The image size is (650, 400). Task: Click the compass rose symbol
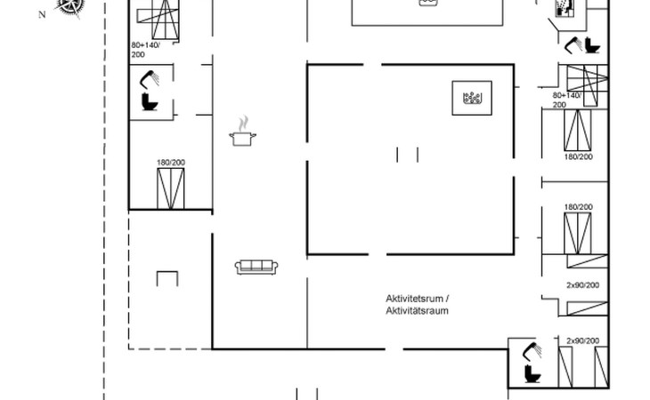(x=70, y=7)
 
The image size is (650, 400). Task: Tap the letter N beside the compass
(x=42, y=15)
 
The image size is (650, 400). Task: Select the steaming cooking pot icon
(x=242, y=131)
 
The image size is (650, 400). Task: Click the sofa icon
(x=256, y=267)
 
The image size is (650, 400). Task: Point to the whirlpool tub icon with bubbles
(x=472, y=98)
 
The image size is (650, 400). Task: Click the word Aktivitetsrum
(x=415, y=299)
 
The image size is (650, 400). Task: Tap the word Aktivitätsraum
(x=417, y=310)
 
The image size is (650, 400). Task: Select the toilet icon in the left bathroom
(x=150, y=101)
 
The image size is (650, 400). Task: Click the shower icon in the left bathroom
(x=150, y=79)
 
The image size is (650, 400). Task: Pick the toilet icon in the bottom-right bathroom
(x=532, y=373)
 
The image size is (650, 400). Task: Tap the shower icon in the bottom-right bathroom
(x=532, y=351)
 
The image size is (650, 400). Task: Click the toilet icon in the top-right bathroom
(x=592, y=45)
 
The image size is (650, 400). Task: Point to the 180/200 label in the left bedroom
(x=171, y=163)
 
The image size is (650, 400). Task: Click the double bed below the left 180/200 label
(x=171, y=188)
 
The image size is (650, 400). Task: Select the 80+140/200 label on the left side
(x=145, y=50)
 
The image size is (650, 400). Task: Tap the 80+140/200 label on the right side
(x=566, y=100)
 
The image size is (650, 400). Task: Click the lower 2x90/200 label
(x=583, y=340)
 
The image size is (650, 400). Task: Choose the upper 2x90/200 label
(x=583, y=285)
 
